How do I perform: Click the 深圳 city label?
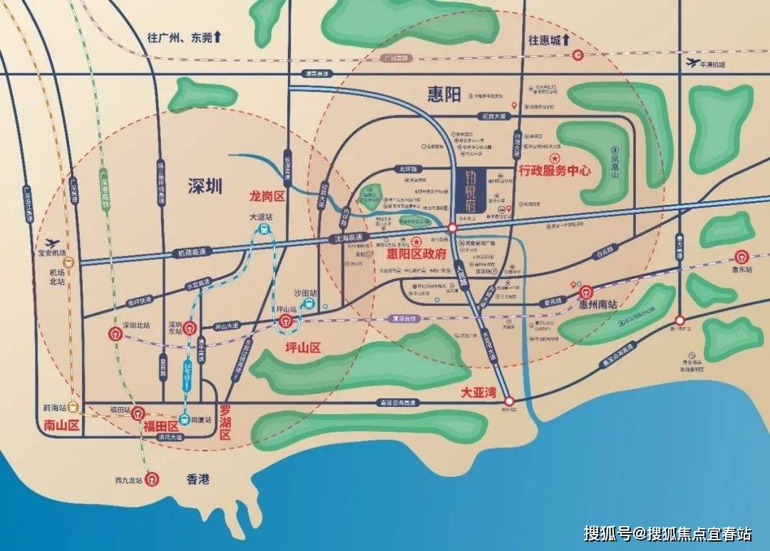205,187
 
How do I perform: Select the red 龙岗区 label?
267,196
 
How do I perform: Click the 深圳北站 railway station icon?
115,333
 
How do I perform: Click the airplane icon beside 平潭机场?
689,63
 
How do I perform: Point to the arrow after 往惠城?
566,39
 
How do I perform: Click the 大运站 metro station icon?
264,230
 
